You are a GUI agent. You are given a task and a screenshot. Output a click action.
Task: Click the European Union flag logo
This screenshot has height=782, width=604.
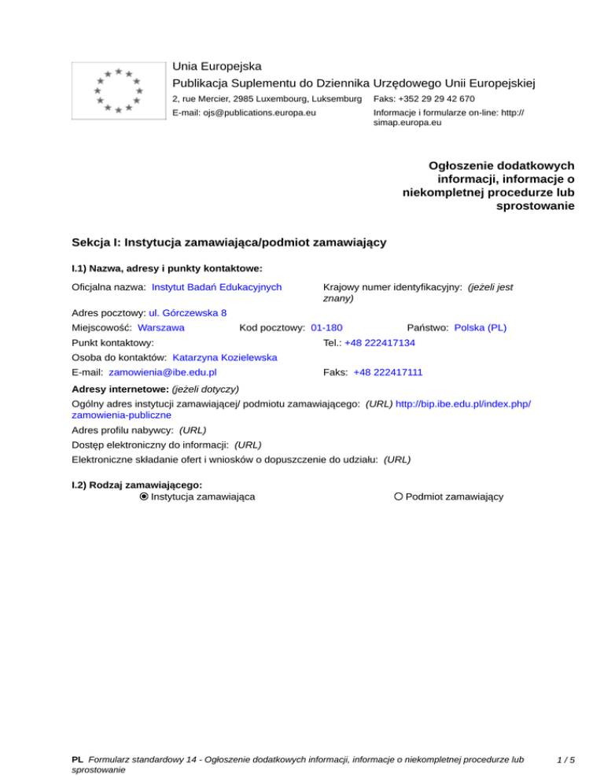118,90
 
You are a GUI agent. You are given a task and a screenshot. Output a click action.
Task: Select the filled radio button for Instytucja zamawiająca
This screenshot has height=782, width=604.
143,496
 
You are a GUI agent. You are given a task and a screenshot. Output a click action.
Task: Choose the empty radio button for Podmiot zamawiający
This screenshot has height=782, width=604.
399,496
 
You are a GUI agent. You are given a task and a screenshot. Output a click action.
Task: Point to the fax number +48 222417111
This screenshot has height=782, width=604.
385,371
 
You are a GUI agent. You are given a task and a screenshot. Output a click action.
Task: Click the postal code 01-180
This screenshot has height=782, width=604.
326,326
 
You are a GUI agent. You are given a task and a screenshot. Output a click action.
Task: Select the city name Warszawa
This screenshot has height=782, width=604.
161,326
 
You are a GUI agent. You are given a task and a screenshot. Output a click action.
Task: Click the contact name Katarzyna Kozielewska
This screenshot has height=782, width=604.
225,357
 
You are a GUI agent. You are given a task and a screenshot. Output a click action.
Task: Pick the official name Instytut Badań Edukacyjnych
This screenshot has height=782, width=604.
217,287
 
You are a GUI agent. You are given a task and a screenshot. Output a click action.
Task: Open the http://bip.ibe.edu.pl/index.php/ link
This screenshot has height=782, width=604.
463,403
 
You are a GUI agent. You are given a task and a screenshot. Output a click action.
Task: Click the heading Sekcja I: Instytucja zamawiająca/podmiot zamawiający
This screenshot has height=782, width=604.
228,242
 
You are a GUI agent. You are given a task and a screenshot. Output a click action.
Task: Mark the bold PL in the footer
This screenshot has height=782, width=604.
77,760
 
